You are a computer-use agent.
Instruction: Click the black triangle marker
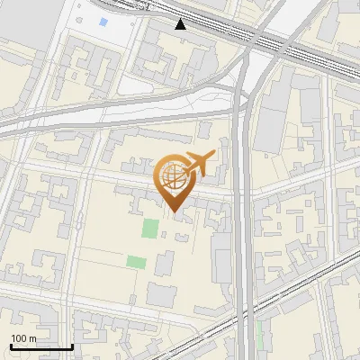coord(181,23)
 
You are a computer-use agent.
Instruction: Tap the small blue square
coord(103,22)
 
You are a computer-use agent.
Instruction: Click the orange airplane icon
coord(199,165)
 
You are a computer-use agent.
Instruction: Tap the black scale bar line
coord(41,346)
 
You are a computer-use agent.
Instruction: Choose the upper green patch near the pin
coord(149,229)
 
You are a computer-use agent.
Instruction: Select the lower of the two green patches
coord(136,262)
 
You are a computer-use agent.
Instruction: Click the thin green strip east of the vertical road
coord(260,335)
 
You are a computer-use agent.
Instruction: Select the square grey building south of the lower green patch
coord(162,294)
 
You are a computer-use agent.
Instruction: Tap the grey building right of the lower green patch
coord(164,264)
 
